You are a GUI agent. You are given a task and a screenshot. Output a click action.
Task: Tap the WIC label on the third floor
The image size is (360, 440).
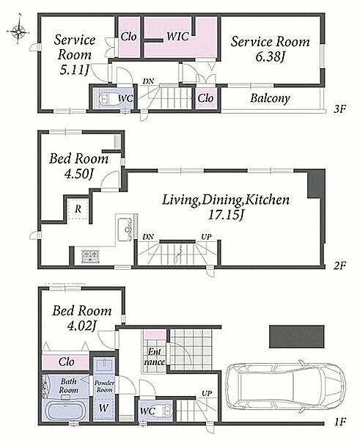pos(177,37)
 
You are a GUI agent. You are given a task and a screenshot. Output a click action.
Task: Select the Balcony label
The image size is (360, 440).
pos(270,98)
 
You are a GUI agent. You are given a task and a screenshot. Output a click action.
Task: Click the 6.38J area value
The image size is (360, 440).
pos(270,57)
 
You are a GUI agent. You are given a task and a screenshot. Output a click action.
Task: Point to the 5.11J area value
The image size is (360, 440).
pos(73,70)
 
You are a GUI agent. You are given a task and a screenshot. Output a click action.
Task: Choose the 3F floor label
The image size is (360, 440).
pos(339,109)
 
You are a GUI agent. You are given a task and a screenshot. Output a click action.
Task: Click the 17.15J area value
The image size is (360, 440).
pos(226,215)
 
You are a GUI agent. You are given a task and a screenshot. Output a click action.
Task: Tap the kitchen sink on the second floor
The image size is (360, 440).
pos(125,230)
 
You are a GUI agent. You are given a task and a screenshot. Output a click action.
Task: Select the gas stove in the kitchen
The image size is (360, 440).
pos(90,256)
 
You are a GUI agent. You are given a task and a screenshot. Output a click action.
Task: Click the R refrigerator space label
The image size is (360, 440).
pos(78,209)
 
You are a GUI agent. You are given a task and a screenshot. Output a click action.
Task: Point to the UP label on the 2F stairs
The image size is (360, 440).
pos(206,237)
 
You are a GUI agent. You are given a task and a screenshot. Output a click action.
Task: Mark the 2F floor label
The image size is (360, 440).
pos(340,265)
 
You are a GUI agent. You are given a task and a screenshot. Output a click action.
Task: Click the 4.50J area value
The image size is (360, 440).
pos(78,174)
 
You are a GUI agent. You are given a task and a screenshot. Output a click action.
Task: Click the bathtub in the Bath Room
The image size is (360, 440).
pos(65,411)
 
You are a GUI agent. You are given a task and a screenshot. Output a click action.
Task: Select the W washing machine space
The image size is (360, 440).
pos(103,408)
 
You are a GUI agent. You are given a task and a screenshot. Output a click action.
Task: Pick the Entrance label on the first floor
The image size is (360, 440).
pos(154,356)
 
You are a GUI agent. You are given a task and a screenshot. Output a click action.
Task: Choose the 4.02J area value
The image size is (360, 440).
pos(82,326)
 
